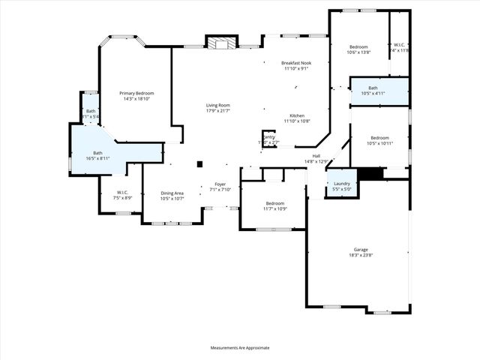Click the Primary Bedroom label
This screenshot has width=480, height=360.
136,93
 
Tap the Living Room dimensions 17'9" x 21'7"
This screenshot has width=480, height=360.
218,111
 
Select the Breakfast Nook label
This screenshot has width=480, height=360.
296,63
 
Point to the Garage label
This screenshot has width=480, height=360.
361,250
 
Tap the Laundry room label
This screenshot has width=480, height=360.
342,184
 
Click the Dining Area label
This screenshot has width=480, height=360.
172,193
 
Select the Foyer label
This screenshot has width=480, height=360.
220,184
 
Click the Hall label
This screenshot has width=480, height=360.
317,156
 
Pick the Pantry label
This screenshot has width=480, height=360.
268,136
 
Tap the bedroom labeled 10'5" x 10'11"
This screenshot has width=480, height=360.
379,138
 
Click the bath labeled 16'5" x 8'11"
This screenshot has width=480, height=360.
97,153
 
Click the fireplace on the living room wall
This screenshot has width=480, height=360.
221,43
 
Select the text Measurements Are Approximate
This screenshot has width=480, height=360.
239,348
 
